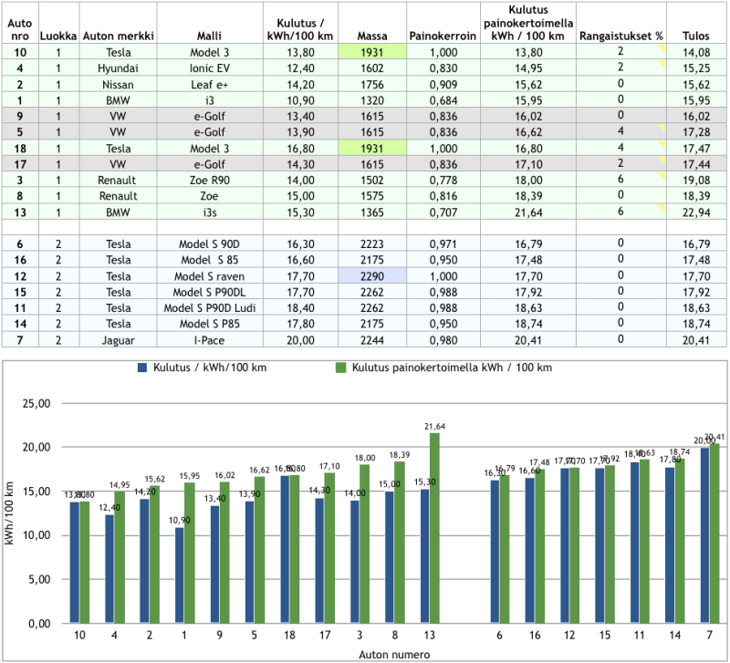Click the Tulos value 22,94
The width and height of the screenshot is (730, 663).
click(696, 212)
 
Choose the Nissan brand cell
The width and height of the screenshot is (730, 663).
click(118, 84)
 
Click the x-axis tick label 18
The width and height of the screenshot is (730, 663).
click(287, 636)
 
